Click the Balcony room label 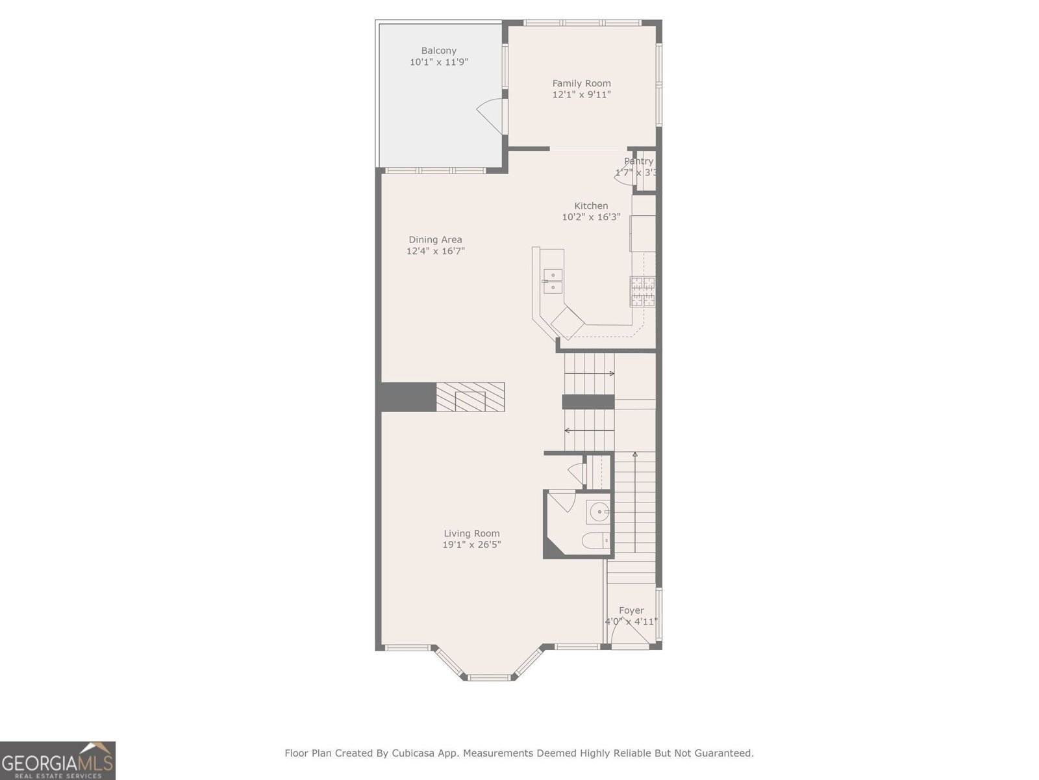click(438, 51)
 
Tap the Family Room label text click(581, 83)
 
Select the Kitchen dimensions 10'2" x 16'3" click(591, 217)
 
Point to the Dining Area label click(435, 240)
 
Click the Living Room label click(471, 534)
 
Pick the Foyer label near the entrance click(631, 610)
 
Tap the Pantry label click(638, 161)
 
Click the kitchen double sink click(553, 281)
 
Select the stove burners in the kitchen click(642, 291)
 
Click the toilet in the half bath click(597, 540)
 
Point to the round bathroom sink click(598, 512)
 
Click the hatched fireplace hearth click(470, 396)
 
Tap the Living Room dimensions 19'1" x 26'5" click(471, 545)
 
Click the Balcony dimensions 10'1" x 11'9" click(438, 62)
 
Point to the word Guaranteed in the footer click(723, 753)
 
